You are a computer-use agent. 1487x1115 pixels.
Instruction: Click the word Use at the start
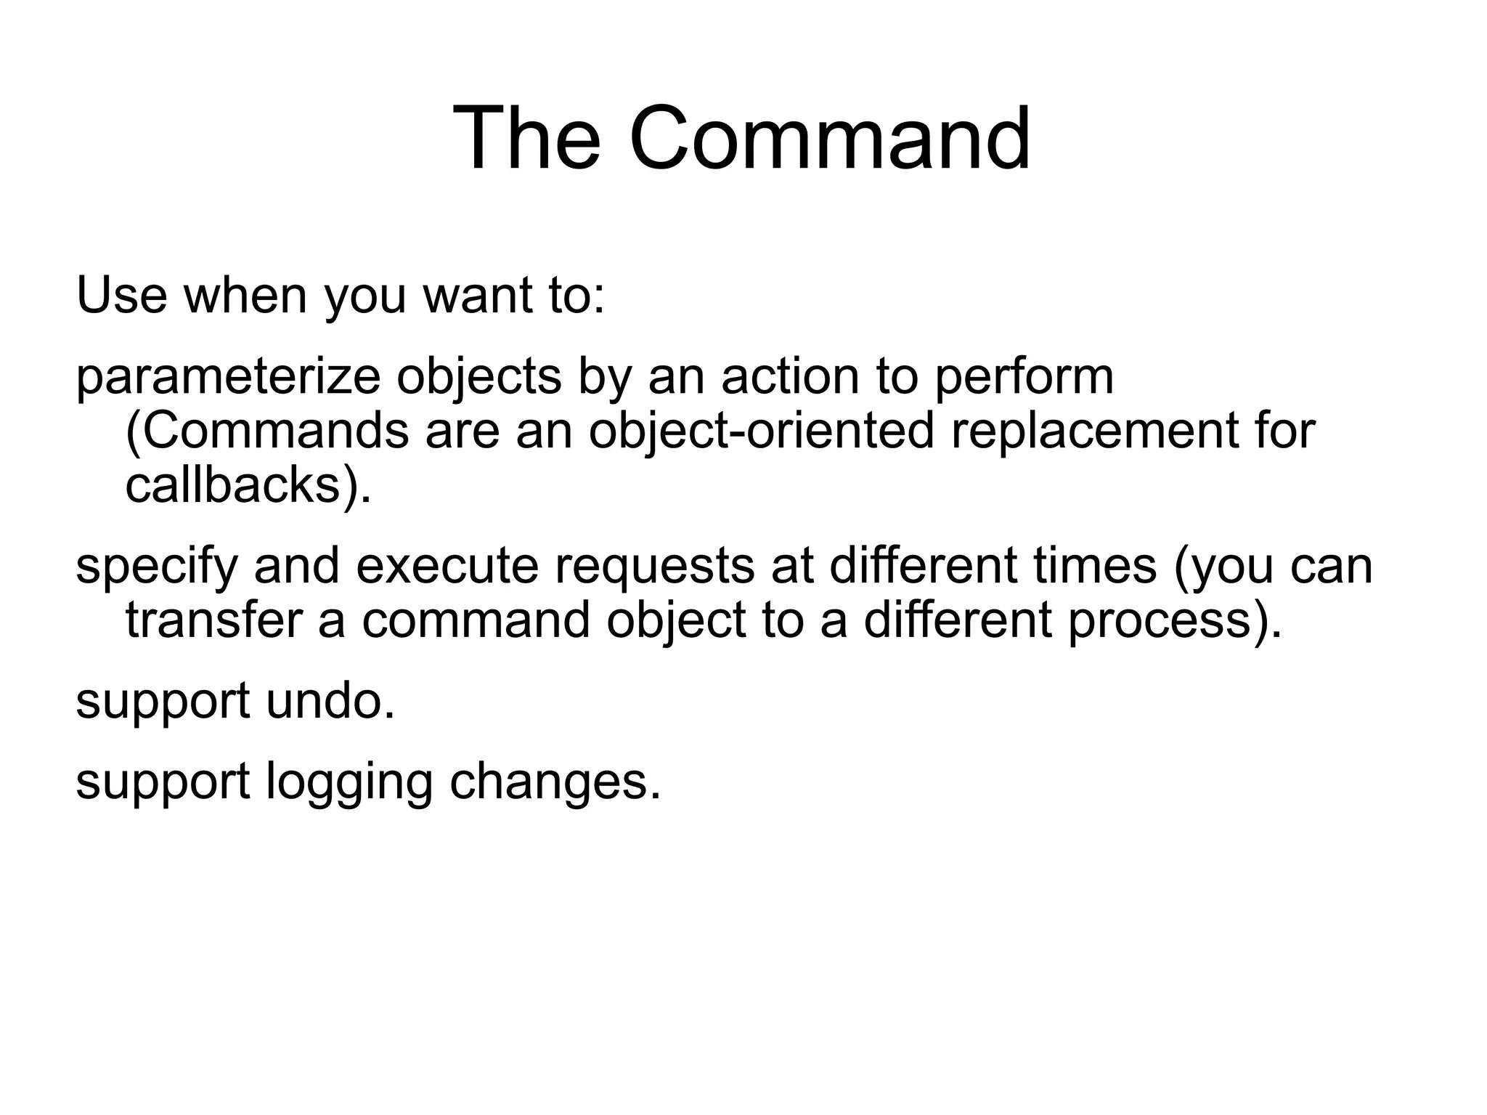click(x=121, y=296)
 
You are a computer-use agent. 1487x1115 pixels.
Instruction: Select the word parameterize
click(x=228, y=378)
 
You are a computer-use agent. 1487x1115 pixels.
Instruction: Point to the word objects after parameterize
click(x=479, y=378)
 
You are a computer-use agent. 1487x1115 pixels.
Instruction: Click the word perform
click(x=1024, y=378)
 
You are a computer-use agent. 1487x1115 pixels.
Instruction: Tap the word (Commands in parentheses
click(x=267, y=431)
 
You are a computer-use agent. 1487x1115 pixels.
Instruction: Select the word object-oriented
click(x=760, y=431)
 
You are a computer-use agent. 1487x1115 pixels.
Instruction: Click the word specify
click(x=157, y=567)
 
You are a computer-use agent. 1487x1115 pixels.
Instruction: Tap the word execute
click(x=447, y=567)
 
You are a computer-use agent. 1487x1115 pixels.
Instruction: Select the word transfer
click(x=213, y=621)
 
